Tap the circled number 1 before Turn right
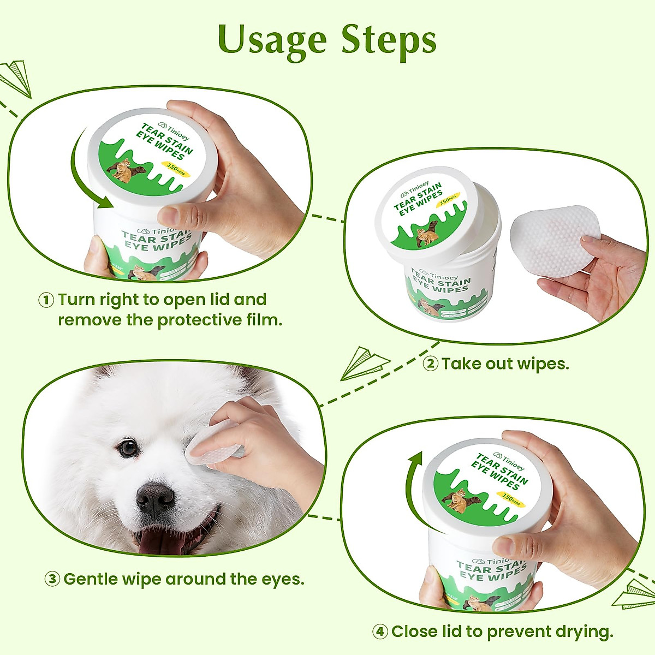click(46, 300)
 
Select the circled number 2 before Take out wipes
click(431, 364)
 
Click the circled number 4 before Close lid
click(380, 632)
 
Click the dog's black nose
click(155, 498)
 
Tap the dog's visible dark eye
click(129, 448)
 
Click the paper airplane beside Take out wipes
click(363, 363)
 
